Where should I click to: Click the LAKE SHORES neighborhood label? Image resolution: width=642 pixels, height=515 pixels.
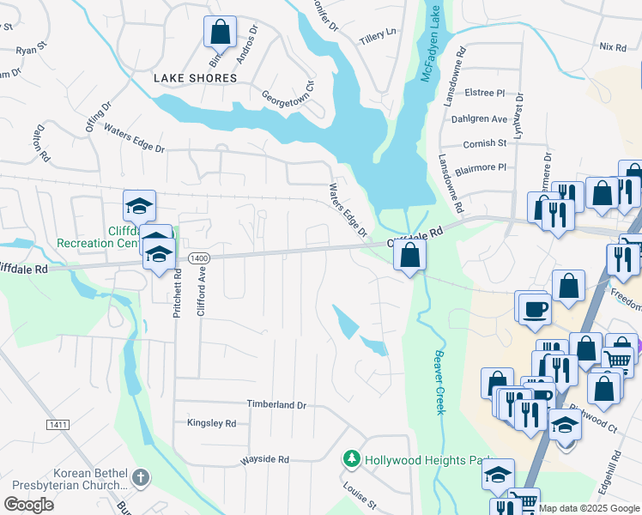point(195,78)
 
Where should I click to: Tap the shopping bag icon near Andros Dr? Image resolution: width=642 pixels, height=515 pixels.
point(220,32)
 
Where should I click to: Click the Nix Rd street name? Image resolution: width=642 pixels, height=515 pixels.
point(613,47)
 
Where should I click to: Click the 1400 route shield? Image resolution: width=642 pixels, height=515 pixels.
point(199,257)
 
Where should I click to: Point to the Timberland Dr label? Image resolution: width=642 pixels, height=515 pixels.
point(276,404)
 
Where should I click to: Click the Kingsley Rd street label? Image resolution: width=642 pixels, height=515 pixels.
point(211,423)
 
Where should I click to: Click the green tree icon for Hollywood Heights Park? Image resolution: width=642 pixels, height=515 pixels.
point(351,459)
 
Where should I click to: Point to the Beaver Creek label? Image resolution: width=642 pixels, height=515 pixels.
point(439,382)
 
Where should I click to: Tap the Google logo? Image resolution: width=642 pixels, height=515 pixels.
point(28,505)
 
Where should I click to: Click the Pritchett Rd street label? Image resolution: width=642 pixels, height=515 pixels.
point(178,295)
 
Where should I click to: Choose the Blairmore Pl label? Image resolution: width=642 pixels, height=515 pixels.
point(485,167)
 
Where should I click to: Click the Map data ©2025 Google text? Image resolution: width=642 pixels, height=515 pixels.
point(589,508)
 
